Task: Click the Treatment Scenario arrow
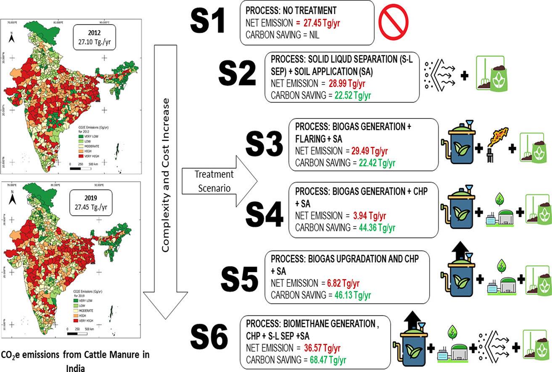219,180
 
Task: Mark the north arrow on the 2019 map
13,198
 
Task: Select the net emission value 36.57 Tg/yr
322,348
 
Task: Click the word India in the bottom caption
75,368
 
